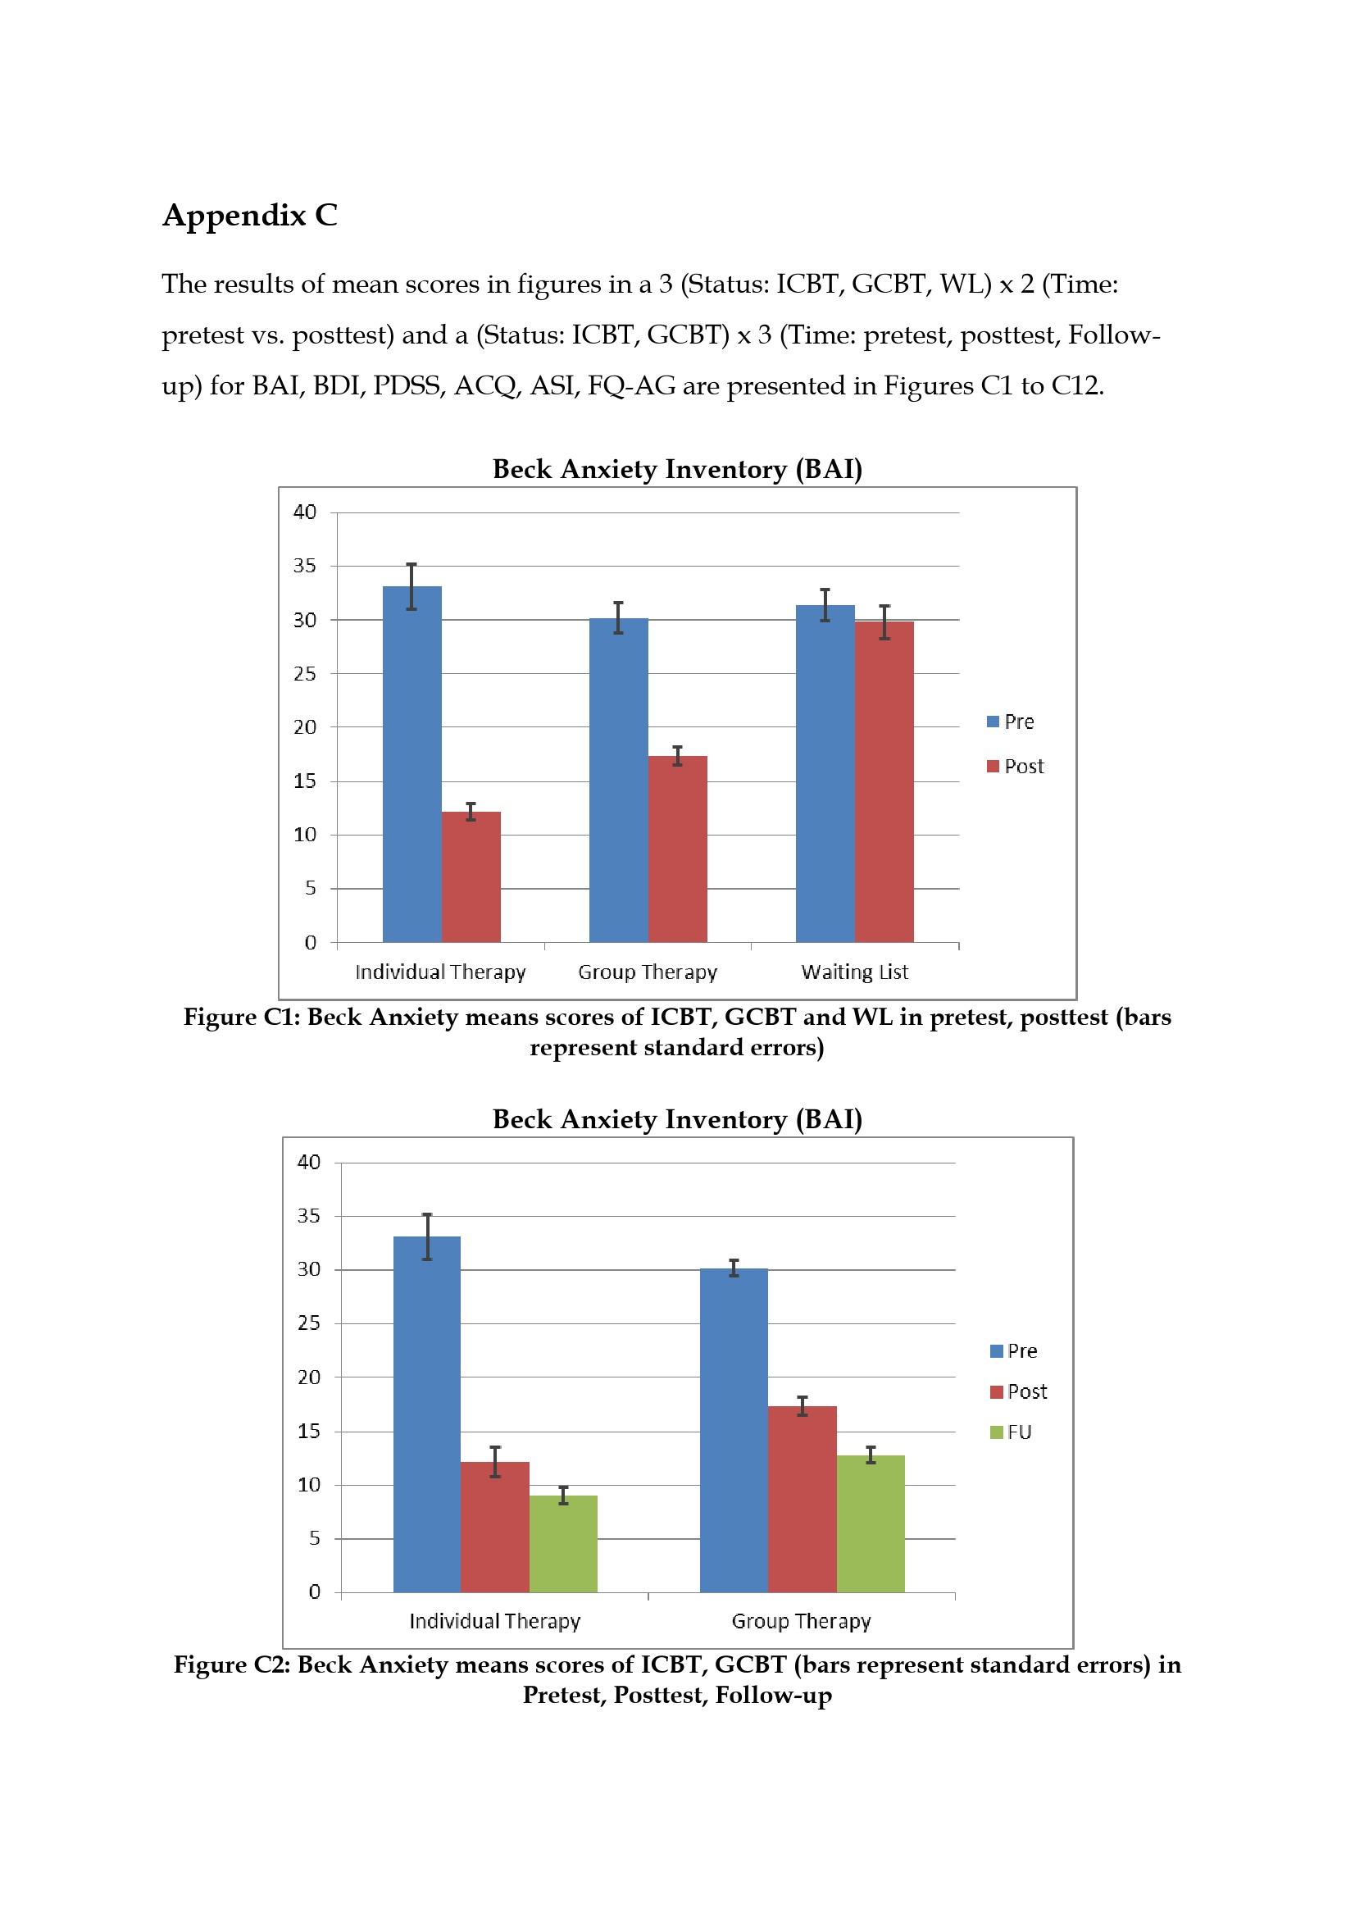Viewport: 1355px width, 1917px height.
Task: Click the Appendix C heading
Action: pos(250,216)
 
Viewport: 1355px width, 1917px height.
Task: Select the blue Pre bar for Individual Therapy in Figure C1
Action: pos(412,764)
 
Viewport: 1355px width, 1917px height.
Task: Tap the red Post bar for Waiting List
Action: pos(884,781)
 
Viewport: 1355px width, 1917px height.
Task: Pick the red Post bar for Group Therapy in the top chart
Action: pos(677,849)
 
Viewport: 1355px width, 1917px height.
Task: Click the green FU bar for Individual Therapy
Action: pos(562,1543)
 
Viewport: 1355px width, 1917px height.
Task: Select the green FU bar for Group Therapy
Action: pos(870,1523)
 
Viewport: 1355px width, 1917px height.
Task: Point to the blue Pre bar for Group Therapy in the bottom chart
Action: pos(734,1429)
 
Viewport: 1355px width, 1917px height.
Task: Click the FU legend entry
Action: pos(1010,1432)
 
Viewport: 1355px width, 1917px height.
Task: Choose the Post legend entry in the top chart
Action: pos(1015,767)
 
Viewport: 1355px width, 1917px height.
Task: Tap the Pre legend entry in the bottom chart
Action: pos(1013,1351)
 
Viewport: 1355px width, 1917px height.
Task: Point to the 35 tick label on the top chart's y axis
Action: pos(305,566)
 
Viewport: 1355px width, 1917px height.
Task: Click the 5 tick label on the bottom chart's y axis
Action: pos(315,1538)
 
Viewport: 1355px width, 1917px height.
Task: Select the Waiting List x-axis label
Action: pos(855,972)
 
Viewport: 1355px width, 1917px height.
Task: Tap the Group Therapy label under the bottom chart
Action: pos(802,1622)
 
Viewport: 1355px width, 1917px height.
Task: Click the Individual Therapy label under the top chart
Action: pos(441,972)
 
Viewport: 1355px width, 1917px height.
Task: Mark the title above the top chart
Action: pos(677,469)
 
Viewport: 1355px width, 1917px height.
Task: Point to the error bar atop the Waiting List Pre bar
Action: pos(825,605)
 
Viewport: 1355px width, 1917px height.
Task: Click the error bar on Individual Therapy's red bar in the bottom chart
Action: pos(495,1462)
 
